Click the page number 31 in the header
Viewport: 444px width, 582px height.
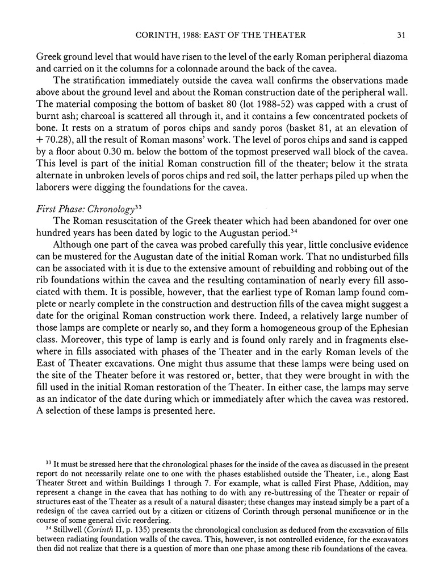point(401,35)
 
